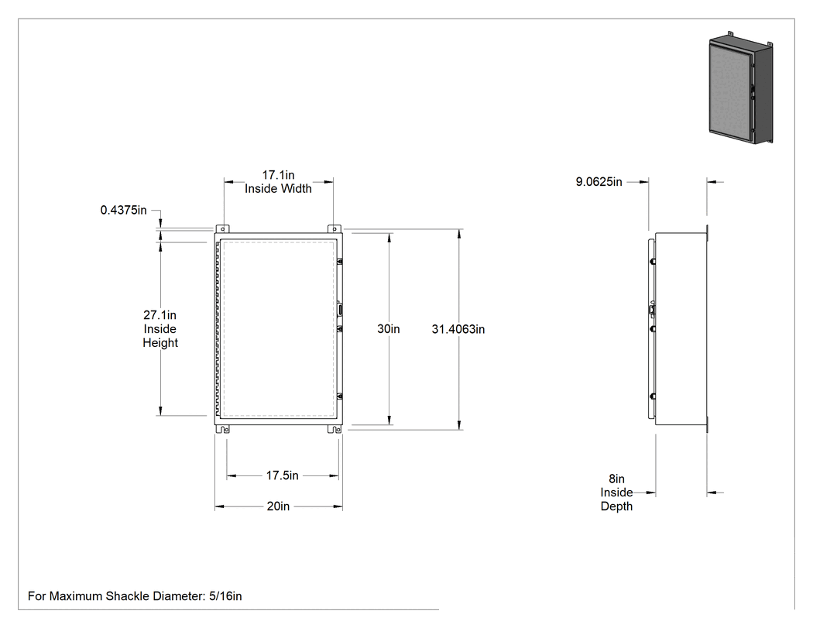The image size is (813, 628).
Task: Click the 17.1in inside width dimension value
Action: [x=279, y=175]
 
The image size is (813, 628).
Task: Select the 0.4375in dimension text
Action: [x=123, y=210]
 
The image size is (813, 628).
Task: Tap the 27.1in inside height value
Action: [x=160, y=315]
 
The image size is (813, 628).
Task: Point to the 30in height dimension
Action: [x=389, y=329]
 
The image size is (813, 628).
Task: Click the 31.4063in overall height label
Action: [x=458, y=329]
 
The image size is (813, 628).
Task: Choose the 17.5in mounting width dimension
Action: [x=283, y=475]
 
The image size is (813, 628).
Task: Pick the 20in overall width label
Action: [x=279, y=506]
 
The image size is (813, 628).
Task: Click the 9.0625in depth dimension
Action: [x=599, y=182]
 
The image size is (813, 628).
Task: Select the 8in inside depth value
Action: [x=616, y=479]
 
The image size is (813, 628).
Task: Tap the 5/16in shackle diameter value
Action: [x=225, y=596]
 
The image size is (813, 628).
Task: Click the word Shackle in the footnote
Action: [x=128, y=596]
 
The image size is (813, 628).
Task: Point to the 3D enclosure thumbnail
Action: [x=741, y=88]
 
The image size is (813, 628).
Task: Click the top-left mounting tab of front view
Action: [x=222, y=228]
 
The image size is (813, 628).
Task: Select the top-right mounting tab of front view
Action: [x=334, y=228]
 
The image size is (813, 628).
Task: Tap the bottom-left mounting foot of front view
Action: [x=223, y=429]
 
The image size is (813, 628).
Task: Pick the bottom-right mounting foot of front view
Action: [x=334, y=429]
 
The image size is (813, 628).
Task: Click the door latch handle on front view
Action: [x=340, y=310]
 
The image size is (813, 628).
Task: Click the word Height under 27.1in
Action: [x=160, y=343]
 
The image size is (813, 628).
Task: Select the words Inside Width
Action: [x=279, y=189]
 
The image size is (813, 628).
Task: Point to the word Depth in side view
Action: [x=616, y=506]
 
